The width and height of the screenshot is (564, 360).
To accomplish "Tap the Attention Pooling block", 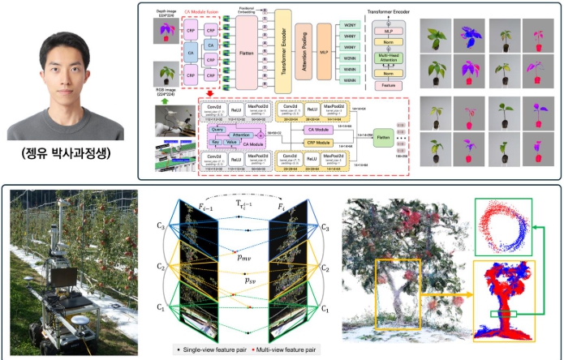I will click(304, 49).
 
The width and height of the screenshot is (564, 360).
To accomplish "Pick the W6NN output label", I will click(351, 79).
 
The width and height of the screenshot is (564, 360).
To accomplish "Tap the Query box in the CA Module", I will click(217, 129).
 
